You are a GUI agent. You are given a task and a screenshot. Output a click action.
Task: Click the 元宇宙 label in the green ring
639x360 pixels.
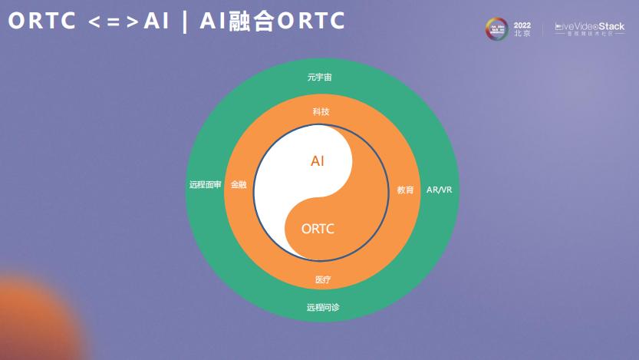click(x=319, y=78)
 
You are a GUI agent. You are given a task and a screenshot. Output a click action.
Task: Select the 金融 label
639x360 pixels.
click(x=239, y=185)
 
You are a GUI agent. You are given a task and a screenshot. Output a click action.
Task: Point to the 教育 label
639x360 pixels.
click(x=405, y=190)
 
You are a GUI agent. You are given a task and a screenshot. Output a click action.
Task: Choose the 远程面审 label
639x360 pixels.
click(x=205, y=185)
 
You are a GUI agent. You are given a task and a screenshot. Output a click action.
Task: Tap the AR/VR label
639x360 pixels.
click(x=440, y=190)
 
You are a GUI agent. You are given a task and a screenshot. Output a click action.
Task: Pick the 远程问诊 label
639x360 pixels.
click(x=323, y=308)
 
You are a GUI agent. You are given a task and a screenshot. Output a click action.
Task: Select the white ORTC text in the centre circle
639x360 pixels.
click(x=318, y=228)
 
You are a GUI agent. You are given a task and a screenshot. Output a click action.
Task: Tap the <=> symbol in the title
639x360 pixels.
click(x=112, y=22)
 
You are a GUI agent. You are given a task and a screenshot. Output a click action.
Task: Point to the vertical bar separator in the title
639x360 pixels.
click(x=184, y=22)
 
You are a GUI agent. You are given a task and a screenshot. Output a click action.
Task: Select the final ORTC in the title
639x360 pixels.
click(x=311, y=21)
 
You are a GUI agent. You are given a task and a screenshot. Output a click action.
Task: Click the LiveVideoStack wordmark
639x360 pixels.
click(x=589, y=27)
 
